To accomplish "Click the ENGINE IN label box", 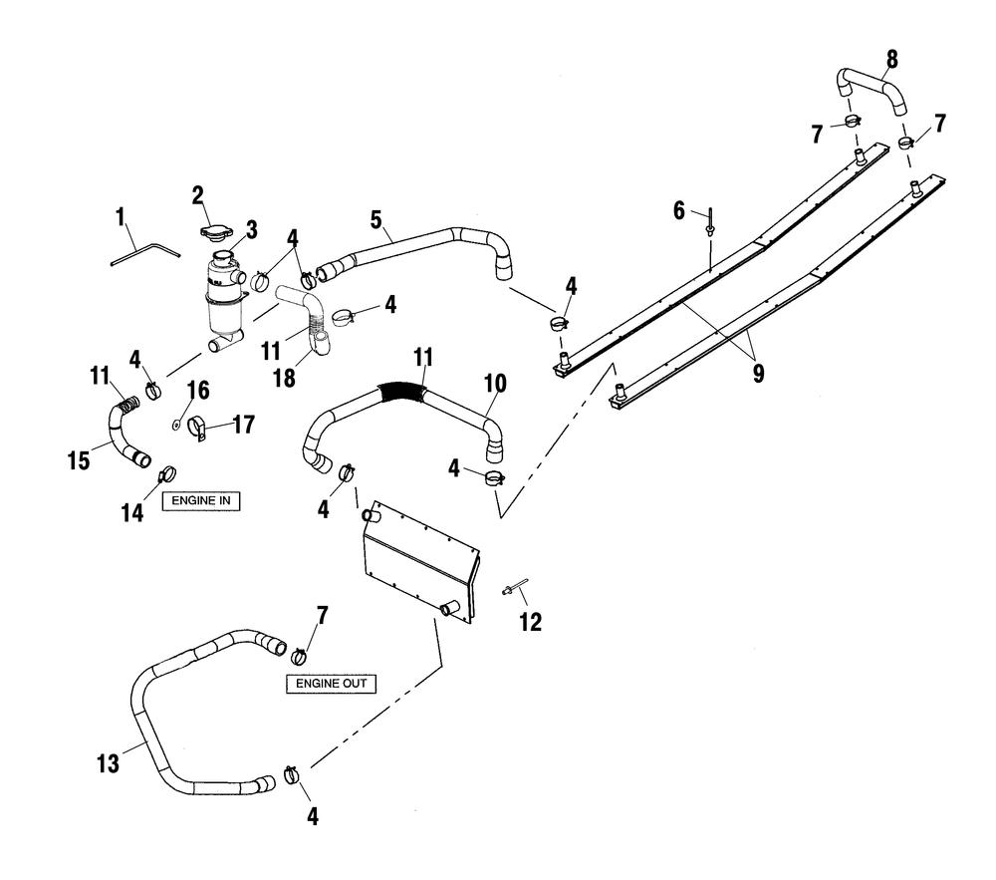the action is (x=201, y=500).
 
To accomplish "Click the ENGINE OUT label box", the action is (x=331, y=684).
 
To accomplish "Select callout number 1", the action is (x=121, y=217).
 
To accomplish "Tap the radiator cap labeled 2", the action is (x=215, y=231).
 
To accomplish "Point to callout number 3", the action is (x=252, y=230).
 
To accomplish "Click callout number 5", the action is (x=376, y=220).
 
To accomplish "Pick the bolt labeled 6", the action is (x=709, y=222).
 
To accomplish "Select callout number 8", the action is (x=891, y=60).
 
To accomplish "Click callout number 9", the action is (x=758, y=374).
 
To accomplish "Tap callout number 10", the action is (x=495, y=384).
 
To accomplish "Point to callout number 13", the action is (x=108, y=763).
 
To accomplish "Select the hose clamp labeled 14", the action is (x=167, y=474).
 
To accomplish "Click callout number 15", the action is (x=79, y=460).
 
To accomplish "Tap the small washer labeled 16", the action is (x=176, y=425).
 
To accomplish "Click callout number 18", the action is (x=284, y=378).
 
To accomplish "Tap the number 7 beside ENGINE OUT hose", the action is (x=322, y=615).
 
